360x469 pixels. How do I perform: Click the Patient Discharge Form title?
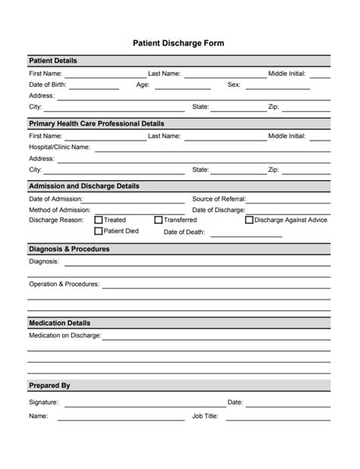180,43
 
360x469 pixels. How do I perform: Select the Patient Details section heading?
53,60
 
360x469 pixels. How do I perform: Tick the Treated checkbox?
99,220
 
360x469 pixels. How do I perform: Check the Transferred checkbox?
158,220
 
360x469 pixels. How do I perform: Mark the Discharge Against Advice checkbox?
249,220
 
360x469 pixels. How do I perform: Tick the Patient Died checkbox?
99,231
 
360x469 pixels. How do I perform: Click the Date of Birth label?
52,85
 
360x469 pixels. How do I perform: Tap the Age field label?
143,85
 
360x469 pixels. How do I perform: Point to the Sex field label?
234,85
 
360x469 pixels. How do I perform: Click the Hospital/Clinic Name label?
59,147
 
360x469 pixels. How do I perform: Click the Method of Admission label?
59,209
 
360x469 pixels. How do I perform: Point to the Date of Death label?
185,232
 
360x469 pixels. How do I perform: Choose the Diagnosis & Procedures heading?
69,249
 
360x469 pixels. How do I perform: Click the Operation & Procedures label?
64,284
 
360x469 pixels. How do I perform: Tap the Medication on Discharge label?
65,334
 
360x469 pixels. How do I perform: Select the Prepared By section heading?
49,385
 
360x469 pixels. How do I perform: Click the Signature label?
43,402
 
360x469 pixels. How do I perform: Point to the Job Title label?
205,416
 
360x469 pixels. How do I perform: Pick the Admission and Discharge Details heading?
84,185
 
